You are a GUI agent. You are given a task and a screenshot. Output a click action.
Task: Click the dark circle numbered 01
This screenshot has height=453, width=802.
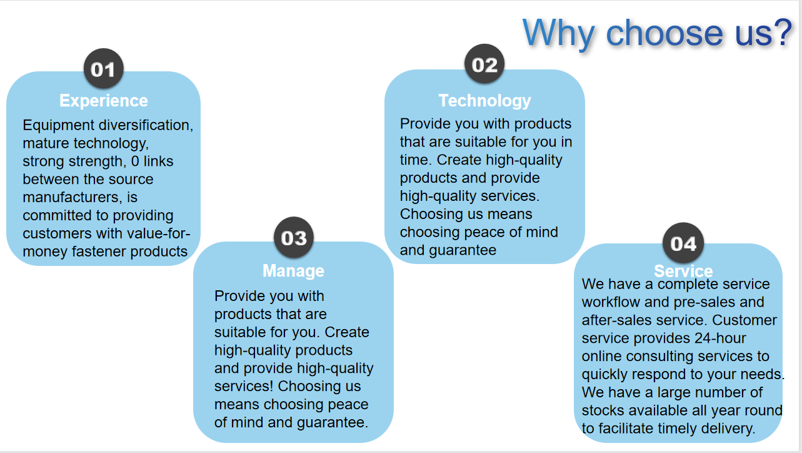104,68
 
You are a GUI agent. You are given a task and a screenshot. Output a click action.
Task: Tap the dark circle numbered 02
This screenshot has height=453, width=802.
484,64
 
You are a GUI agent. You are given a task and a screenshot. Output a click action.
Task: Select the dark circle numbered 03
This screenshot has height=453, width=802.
294,237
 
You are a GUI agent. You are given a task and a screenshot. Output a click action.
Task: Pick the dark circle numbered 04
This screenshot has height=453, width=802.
683,243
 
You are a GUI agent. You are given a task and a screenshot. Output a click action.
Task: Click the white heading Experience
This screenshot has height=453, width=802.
104,101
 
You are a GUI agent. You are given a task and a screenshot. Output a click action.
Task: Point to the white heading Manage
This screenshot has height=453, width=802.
294,271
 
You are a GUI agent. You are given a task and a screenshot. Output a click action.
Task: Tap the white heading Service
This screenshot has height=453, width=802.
683,271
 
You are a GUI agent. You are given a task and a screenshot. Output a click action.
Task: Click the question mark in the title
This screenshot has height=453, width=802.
782,33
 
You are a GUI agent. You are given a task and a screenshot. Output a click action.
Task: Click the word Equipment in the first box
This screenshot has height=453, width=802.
58,126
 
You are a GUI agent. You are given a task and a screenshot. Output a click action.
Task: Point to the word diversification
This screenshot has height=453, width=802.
146,125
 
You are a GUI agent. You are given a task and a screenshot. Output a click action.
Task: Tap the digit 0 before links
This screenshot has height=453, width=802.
135,161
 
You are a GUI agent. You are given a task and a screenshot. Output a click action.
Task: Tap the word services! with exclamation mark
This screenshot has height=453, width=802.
244,386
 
